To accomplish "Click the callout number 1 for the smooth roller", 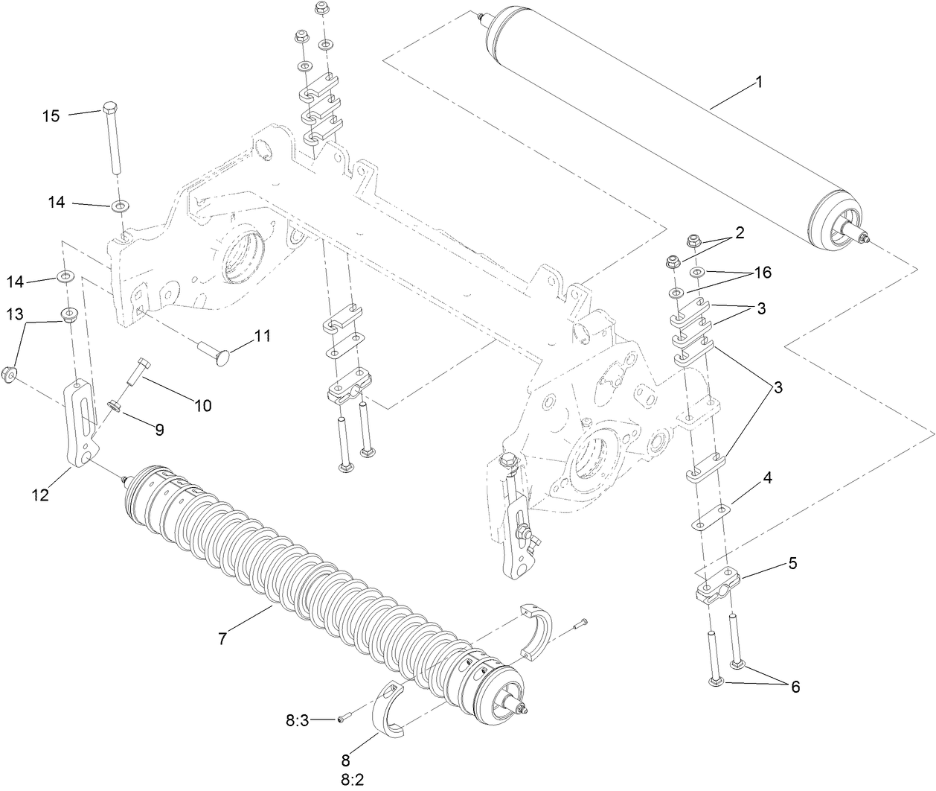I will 759,83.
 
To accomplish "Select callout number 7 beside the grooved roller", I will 222,638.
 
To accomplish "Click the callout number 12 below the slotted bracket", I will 40,494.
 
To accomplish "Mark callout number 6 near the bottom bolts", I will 795,687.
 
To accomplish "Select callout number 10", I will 203,406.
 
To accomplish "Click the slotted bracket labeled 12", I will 83,425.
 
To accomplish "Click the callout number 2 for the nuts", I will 739,233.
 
